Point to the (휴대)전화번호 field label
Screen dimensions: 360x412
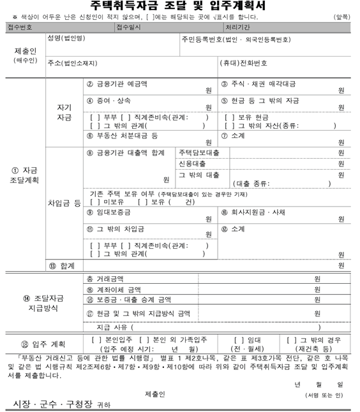[243, 63]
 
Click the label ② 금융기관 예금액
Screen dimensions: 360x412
[117, 84]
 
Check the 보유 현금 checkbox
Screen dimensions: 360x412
[229, 117]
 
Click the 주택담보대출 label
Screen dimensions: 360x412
[199, 153]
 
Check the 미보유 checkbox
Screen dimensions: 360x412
[94, 202]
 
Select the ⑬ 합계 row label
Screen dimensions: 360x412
[61, 265]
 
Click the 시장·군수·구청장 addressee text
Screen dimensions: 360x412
[53, 403]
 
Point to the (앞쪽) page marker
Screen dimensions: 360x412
[341, 17]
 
